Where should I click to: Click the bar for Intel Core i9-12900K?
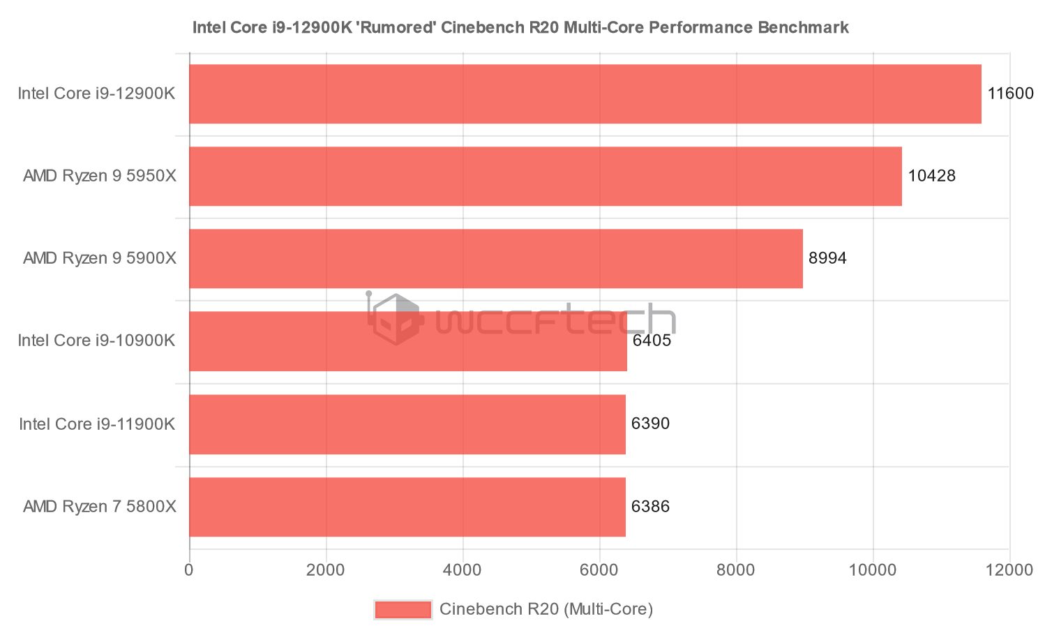pyautogui.click(x=585, y=94)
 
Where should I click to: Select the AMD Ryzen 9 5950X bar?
pyautogui.click(x=545, y=177)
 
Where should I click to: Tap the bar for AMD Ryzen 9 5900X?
pyautogui.click(x=495, y=259)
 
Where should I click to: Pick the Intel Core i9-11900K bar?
pyautogui.click(x=407, y=424)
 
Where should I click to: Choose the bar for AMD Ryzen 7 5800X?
pyautogui.click(x=407, y=507)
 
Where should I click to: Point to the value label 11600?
pyautogui.click(x=1009, y=94)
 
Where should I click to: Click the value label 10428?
pyautogui.click(x=931, y=176)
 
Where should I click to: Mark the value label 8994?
pyautogui.click(x=827, y=258)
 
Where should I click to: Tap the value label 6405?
pyautogui.click(x=652, y=341)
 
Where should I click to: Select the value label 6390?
pyautogui.click(x=650, y=424)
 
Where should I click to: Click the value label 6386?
pyautogui.click(x=650, y=507)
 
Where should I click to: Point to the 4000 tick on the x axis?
pyautogui.click(x=463, y=570)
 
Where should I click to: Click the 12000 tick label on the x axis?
pyautogui.click(x=1009, y=570)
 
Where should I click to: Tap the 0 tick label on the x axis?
pyautogui.click(x=189, y=570)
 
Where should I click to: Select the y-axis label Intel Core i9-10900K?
pyautogui.click(x=96, y=341)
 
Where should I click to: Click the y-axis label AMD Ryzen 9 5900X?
pyautogui.click(x=100, y=258)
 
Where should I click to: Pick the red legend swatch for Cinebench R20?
pyautogui.click(x=403, y=610)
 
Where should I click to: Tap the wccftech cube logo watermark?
pyautogui.click(x=396, y=320)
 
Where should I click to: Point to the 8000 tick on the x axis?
pyautogui.click(x=736, y=570)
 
